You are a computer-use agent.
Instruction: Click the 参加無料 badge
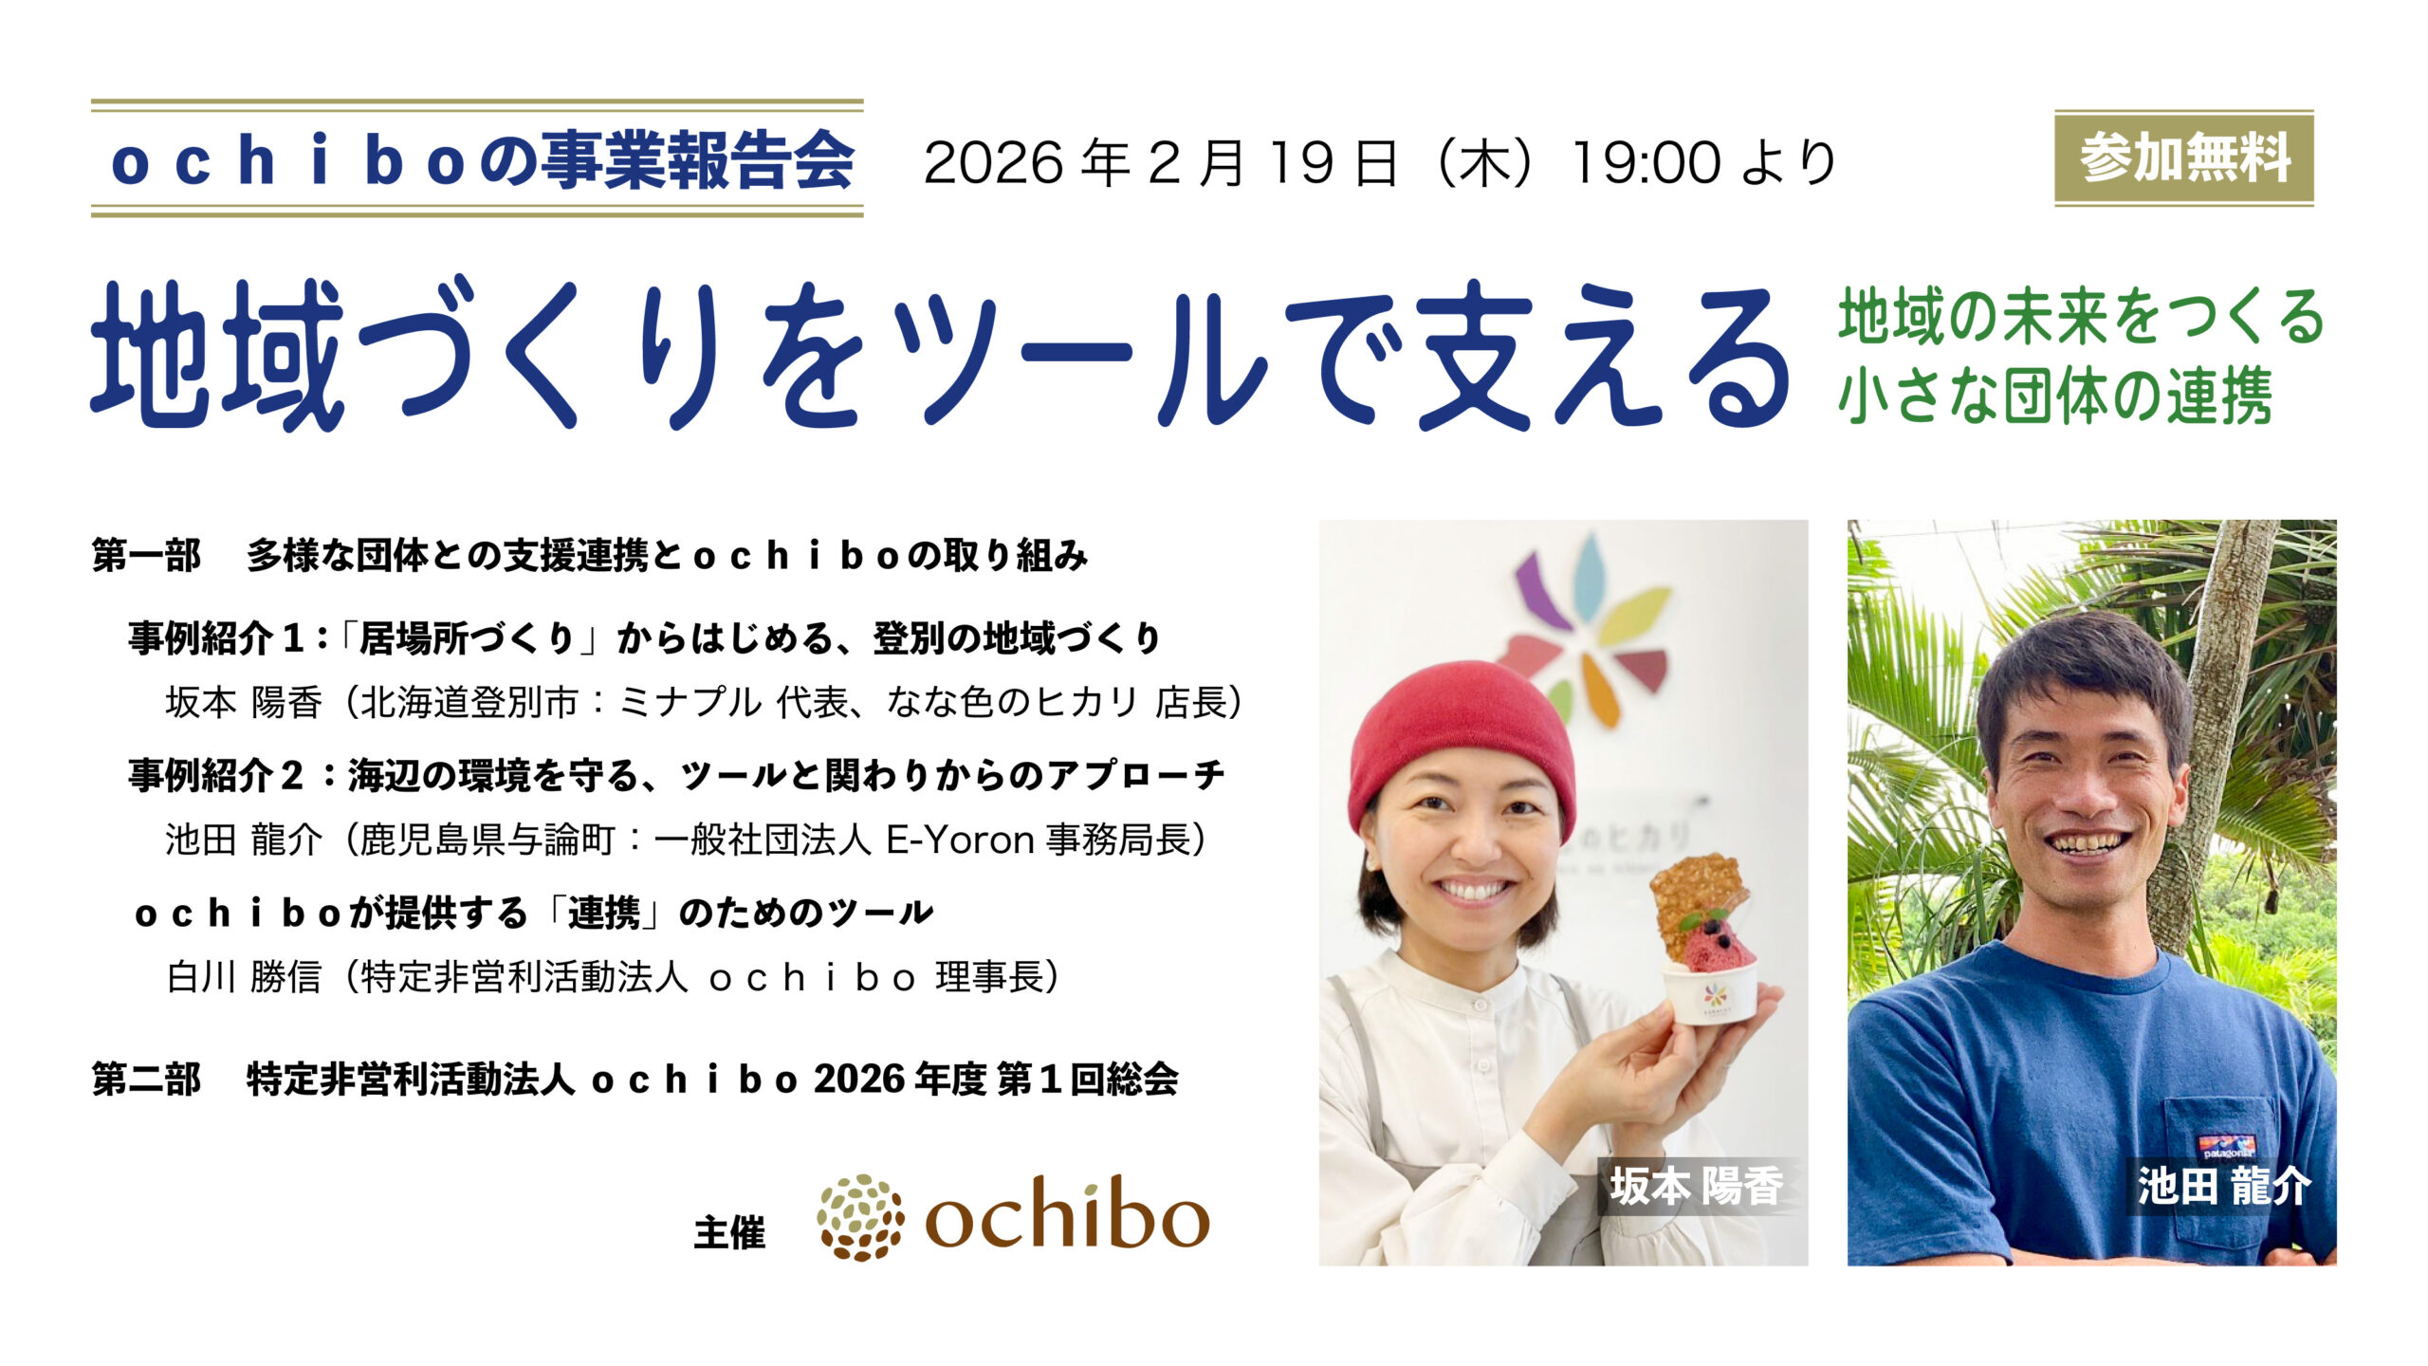pos(2183,158)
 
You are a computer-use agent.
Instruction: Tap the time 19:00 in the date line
pos(1646,162)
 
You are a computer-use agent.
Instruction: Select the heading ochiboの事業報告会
pos(482,160)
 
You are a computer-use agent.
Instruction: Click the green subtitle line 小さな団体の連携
pos(2054,396)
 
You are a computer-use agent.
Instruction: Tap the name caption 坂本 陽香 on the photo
pos(1697,1187)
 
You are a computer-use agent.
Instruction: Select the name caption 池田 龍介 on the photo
pos(2224,1187)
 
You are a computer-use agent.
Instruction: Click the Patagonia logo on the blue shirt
pos(2226,1147)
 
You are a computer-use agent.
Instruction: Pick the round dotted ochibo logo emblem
pos(860,1218)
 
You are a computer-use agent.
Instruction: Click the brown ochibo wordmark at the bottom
pos(1067,1214)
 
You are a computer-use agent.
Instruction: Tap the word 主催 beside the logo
pos(729,1233)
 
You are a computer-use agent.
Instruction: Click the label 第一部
pos(146,556)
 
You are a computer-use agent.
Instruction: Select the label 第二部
pos(146,1080)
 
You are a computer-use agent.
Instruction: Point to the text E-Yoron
pos(960,840)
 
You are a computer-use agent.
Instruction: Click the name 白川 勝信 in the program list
pos(244,977)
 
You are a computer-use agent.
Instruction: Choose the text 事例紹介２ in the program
pos(216,776)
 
